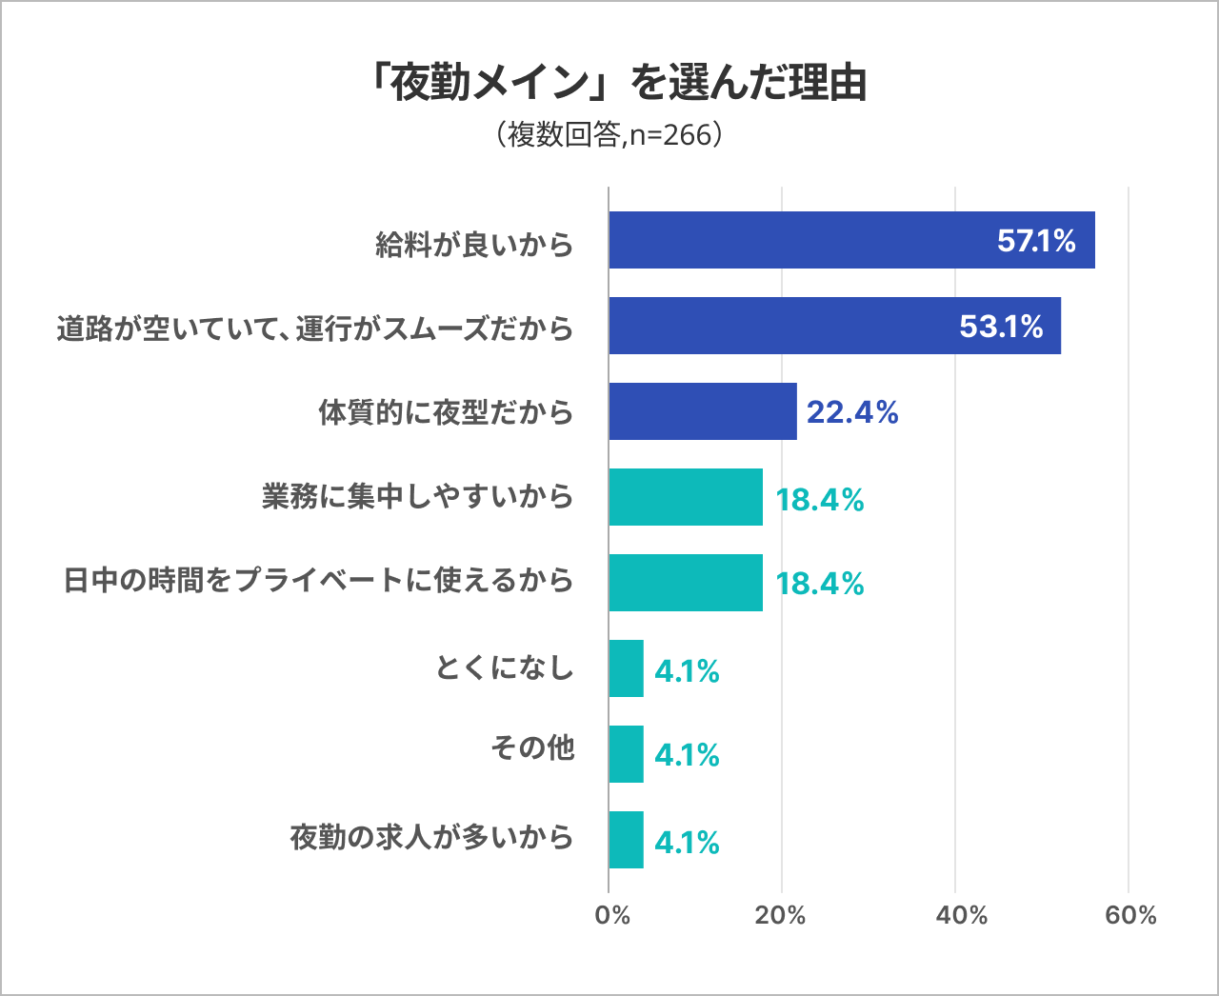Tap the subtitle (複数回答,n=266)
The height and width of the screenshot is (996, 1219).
(609, 135)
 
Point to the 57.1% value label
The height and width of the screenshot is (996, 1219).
(1036, 241)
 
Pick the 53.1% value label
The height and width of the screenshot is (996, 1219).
(1001, 327)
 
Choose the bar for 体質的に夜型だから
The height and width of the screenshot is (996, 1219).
(703, 411)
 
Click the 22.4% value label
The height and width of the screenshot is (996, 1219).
(852, 412)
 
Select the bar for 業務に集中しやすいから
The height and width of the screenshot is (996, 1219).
(686, 497)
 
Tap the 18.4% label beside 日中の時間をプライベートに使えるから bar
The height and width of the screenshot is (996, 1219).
(819, 584)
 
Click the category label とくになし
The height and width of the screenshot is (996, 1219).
(505, 667)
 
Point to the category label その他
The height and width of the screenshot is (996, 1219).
(532, 748)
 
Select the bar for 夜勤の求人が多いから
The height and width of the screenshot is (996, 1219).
(626, 840)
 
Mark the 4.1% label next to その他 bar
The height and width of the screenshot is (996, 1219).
(687, 755)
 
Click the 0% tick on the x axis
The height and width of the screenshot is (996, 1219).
(611, 915)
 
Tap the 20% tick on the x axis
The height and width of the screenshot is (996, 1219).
(781, 915)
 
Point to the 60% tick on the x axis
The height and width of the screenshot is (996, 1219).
(1130, 915)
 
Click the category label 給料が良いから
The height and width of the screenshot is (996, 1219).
(474, 245)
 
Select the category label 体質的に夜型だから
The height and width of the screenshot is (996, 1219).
(446, 412)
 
